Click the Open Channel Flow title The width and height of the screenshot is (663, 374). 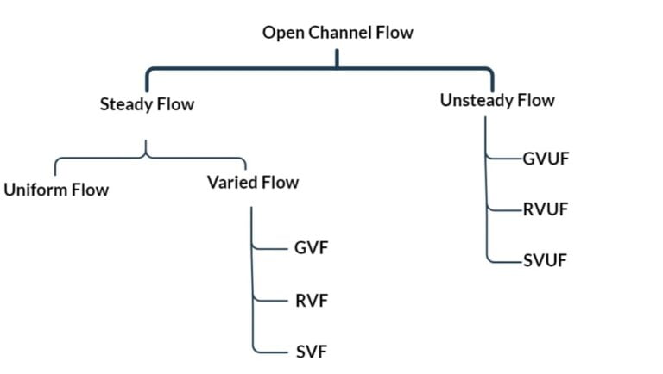click(338, 34)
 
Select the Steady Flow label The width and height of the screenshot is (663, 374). click(147, 105)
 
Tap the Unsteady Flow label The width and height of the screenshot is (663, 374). click(497, 101)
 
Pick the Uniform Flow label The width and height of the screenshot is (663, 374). click(56, 190)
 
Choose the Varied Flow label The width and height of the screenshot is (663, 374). click(253, 183)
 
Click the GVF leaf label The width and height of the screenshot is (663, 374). click(312, 248)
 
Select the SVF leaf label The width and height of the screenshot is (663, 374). click(312, 352)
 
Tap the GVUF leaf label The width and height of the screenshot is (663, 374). click(546, 159)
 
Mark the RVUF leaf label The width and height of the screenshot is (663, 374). click(546, 209)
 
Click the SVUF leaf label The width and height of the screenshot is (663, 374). click(545, 260)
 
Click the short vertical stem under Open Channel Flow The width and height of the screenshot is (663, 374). click(338, 57)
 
